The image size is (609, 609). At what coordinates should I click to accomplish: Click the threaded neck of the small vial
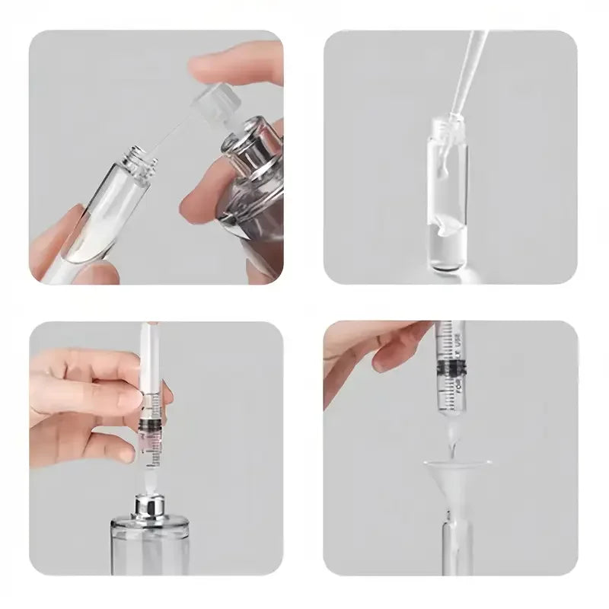tap(138, 159)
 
